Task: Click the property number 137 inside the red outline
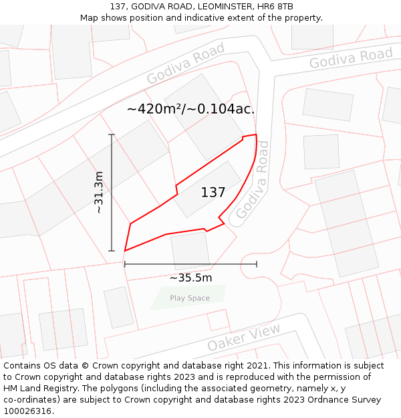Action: (213, 193)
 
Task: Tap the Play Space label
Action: (189, 298)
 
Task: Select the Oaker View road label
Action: (244, 337)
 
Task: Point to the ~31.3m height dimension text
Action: (99, 193)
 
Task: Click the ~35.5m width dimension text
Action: (190, 278)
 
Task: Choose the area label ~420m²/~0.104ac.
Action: (190, 108)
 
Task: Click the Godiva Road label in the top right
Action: (351, 58)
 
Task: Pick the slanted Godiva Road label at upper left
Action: (186, 64)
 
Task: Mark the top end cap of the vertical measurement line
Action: (112, 135)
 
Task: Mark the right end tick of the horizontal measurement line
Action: (257, 264)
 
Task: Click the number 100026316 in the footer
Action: (27, 411)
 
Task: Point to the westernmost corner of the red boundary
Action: (125, 251)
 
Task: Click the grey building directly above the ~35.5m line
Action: (190, 250)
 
